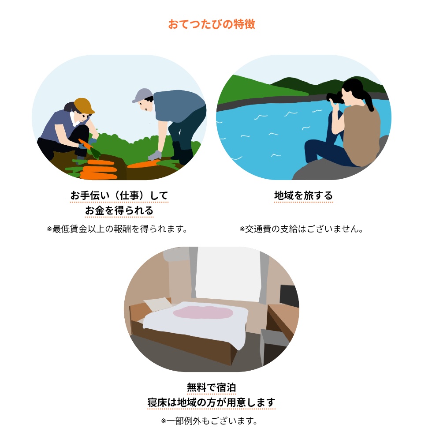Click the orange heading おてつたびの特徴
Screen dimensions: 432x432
[212, 24]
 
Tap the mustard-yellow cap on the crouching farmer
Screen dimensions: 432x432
[83, 105]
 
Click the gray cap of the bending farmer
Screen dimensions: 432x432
[142, 94]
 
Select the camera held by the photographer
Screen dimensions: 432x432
[335, 98]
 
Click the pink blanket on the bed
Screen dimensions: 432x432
[203, 312]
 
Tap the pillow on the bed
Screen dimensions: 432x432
[158, 304]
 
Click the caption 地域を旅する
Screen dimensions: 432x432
[304, 195]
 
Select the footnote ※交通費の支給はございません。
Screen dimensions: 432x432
[302, 229]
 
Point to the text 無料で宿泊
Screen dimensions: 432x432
[211, 387]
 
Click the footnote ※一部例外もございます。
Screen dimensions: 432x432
[209, 421]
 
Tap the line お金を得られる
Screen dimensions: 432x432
[119, 210]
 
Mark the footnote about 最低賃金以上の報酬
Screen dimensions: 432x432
[117, 229]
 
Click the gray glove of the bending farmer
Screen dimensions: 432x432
[155, 156]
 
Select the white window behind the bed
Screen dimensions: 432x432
[228, 273]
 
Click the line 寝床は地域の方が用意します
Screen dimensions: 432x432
[211, 402]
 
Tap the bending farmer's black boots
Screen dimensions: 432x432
[182, 153]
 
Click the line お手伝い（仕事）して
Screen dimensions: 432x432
[119, 195]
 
